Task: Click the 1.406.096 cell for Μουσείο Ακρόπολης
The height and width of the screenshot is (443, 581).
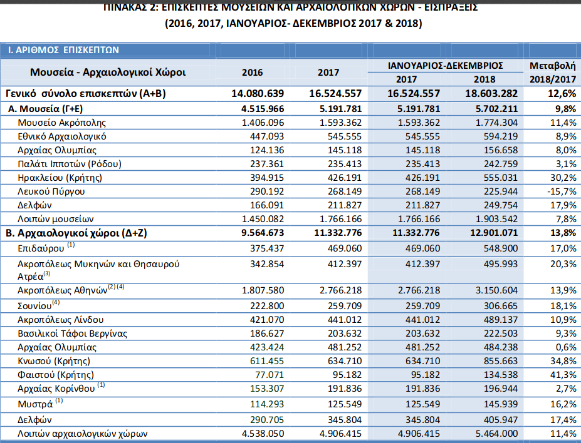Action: click(x=263, y=123)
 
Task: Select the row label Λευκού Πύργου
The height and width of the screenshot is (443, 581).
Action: click(x=51, y=191)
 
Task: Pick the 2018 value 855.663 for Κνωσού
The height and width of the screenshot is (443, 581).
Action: click(x=500, y=361)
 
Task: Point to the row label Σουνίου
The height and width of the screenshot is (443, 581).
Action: click(x=38, y=305)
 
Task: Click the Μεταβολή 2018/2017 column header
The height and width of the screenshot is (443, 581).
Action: click(x=552, y=72)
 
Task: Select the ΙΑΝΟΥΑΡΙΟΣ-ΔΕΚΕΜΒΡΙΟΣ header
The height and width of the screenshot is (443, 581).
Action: click(x=446, y=66)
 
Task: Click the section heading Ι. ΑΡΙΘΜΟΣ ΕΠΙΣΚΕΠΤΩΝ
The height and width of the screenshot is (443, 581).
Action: click(x=63, y=50)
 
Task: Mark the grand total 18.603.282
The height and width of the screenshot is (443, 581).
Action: click(x=491, y=94)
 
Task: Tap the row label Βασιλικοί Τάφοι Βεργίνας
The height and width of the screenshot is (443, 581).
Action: click(x=72, y=334)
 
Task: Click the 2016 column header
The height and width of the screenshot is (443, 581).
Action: click(x=253, y=73)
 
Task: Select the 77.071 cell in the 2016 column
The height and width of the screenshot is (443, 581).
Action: click(x=270, y=375)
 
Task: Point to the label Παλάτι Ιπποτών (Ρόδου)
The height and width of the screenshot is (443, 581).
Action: click(x=70, y=164)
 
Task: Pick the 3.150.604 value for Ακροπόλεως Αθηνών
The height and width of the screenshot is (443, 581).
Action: click(x=496, y=290)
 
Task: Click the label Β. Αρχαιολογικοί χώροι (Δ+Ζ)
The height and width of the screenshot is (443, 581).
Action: click(x=76, y=233)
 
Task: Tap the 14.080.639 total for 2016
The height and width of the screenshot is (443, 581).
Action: click(x=258, y=94)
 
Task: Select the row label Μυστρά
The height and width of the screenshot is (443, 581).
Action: click(x=40, y=404)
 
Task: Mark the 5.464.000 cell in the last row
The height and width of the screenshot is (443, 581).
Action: click(x=496, y=434)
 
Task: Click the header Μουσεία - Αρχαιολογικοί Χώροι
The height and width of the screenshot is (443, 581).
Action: click(x=108, y=72)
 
